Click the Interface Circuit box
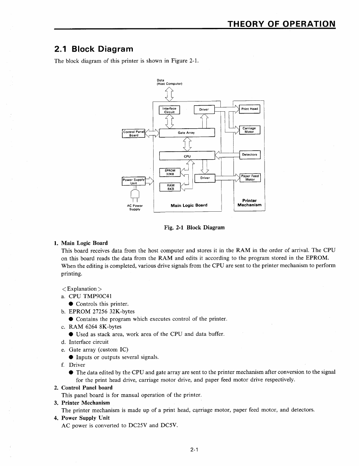[x=169, y=110]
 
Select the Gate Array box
[x=187, y=133]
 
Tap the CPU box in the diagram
[x=187, y=156]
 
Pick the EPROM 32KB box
[x=170, y=172]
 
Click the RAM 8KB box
[x=170, y=187]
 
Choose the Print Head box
[x=249, y=109]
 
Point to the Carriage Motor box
[x=249, y=130]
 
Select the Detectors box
[x=249, y=155]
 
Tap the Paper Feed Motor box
[x=250, y=178]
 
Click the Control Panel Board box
[x=134, y=134]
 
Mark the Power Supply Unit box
[x=134, y=181]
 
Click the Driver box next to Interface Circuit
[x=204, y=110]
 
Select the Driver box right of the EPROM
[x=205, y=178]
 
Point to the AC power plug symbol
[x=135, y=195]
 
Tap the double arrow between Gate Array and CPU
[x=187, y=144]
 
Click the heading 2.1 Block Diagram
[x=94, y=49]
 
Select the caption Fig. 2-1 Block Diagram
[x=194, y=228]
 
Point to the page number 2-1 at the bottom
[x=194, y=449]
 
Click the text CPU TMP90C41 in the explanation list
[x=90, y=296]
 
